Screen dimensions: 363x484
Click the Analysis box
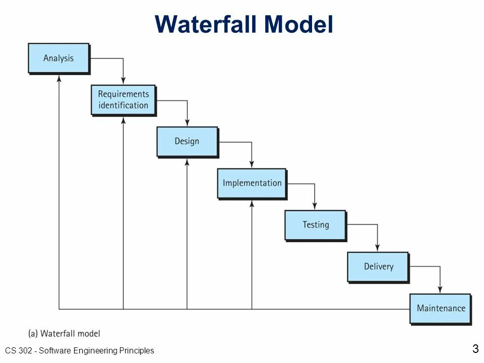[x=58, y=58]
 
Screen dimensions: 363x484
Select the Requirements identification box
[x=123, y=100]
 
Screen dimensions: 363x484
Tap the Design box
[x=187, y=141]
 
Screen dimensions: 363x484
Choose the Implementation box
[x=252, y=183]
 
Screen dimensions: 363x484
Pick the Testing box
[x=316, y=225]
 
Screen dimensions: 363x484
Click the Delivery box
[x=378, y=266]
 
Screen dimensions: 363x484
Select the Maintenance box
[x=441, y=308]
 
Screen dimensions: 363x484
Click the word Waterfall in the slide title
[x=206, y=24]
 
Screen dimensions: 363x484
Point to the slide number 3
[x=475, y=348]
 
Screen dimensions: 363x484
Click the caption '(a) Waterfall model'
[x=64, y=333]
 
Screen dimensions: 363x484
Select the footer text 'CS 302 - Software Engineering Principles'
[x=80, y=350]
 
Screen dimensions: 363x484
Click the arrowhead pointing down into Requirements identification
[x=123, y=81]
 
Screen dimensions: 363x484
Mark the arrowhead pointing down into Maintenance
[x=440, y=290]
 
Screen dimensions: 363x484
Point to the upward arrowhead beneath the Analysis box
[x=59, y=78]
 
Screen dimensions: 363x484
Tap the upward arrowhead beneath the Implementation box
[x=252, y=204]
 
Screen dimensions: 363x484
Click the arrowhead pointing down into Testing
[x=315, y=206]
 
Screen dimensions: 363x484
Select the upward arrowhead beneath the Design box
[x=187, y=162]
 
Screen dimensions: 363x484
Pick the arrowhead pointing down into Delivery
[x=378, y=248]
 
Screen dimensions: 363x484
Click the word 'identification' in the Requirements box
[x=123, y=105]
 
